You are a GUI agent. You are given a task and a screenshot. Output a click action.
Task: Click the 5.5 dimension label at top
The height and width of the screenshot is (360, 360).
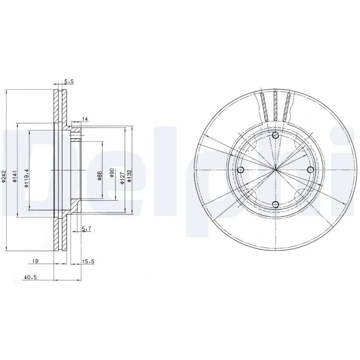pos(69,81)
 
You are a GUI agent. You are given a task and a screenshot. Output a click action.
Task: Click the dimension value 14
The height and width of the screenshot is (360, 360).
pos(85,119)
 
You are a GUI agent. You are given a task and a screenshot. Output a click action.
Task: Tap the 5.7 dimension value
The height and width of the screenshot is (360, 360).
pos(86,229)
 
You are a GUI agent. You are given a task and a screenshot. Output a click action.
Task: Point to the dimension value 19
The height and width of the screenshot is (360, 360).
pos(35,261)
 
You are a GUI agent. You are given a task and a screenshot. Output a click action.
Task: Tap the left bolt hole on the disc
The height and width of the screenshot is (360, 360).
pos(240,170)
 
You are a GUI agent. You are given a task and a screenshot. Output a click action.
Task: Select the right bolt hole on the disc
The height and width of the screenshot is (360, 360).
pos(310,169)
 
